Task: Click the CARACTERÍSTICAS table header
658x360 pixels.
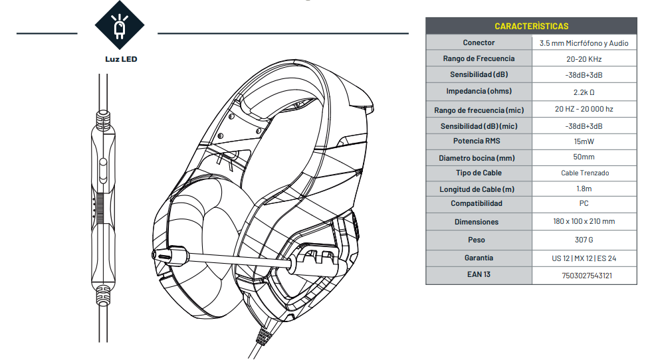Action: (531, 26)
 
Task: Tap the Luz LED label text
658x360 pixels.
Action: (121, 58)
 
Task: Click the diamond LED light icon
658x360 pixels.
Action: (120, 27)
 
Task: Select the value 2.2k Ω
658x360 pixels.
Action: (584, 92)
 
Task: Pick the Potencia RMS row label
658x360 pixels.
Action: (478, 141)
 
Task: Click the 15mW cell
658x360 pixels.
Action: (584, 141)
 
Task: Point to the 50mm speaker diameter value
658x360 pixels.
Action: (584, 157)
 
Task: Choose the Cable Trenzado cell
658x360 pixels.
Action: (584, 173)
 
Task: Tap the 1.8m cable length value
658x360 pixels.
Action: (584, 189)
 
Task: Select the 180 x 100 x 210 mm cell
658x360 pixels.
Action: (584, 221)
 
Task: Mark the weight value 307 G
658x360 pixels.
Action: (584, 239)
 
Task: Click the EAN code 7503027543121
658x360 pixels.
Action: (584, 275)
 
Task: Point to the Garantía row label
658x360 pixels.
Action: (479, 257)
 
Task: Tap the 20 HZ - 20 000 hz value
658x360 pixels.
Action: (584, 109)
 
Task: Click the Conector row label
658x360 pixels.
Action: (479, 43)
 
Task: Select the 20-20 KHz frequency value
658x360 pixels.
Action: (584, 59)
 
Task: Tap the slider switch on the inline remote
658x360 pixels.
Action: (102, 169)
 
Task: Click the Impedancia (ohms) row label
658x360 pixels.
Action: (479, 91)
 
